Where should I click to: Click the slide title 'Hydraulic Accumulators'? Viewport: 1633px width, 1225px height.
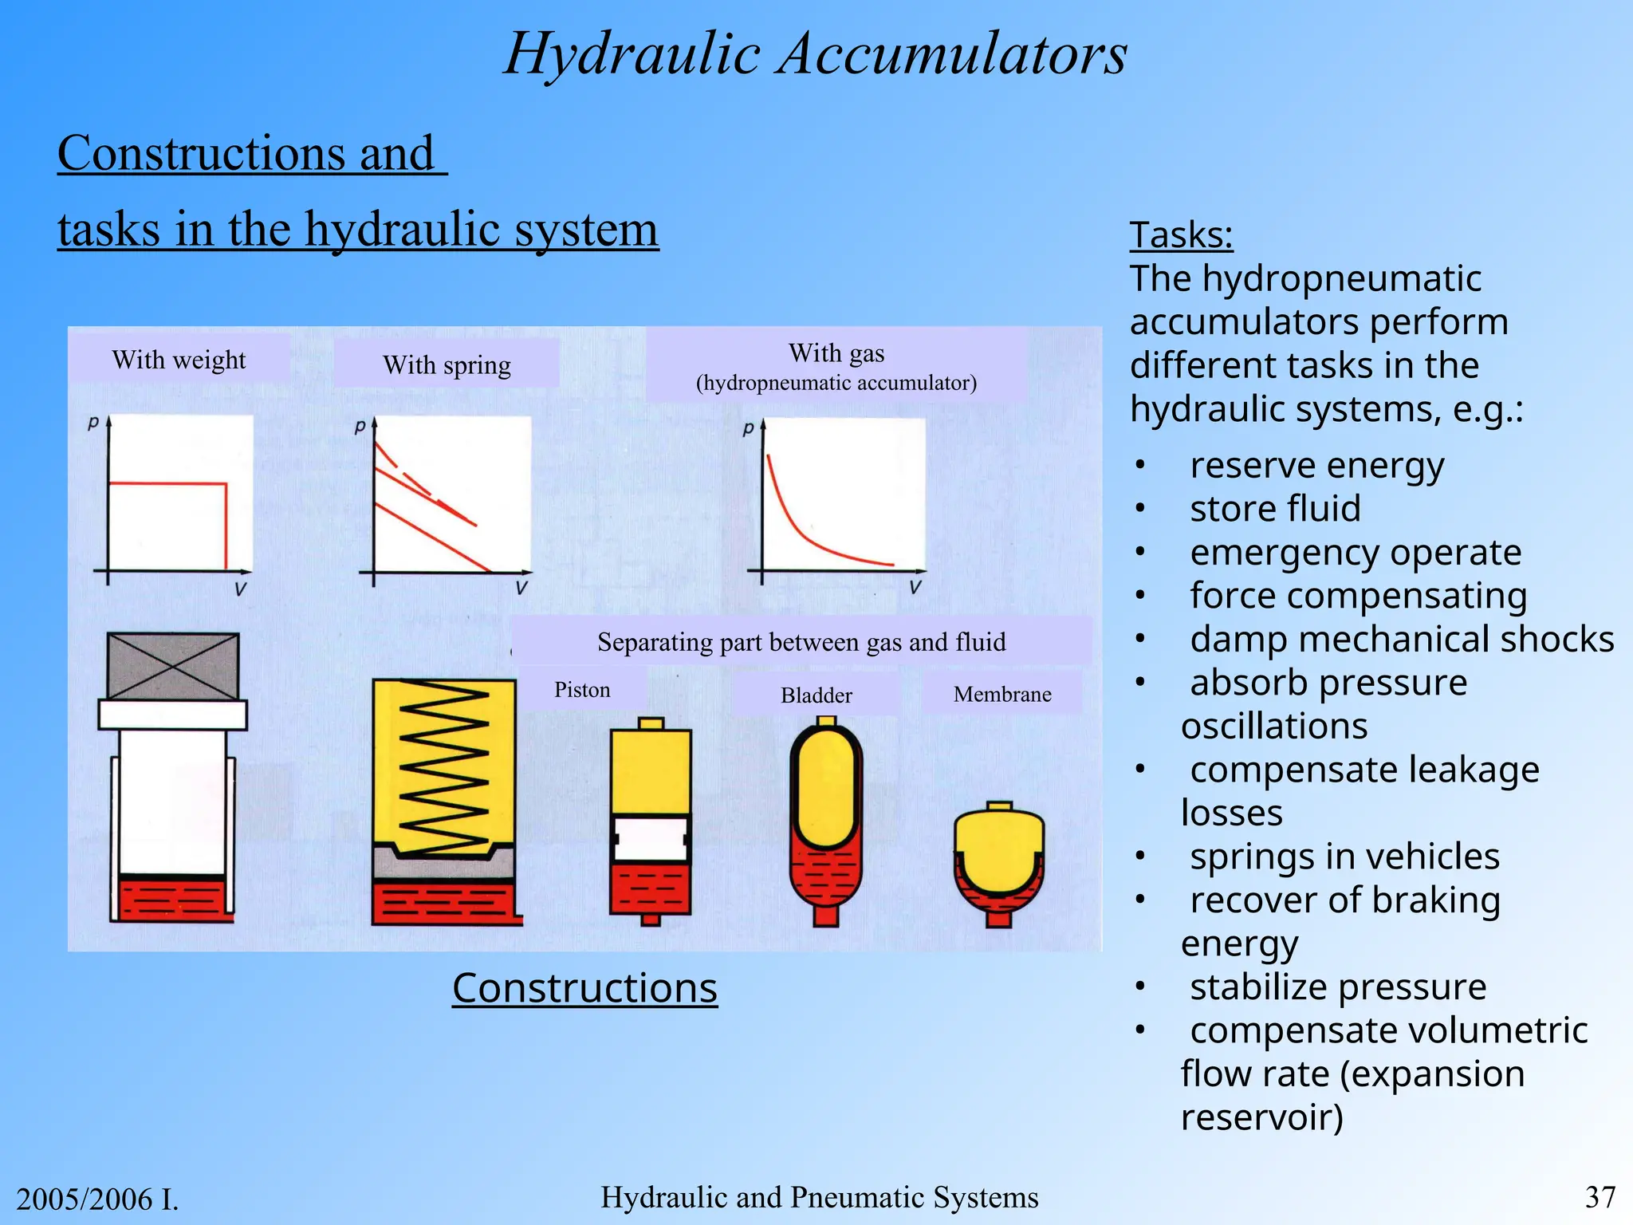tap(815, 54)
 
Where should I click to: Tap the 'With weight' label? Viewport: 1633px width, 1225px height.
tap(179, 360)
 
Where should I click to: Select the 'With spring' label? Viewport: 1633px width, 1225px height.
tap(447, 365)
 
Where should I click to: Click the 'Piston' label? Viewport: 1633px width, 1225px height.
tap(582, 690)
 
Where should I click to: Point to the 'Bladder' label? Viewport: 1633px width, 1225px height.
tap(816, 695)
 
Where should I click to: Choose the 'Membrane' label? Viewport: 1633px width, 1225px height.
tap(1002, 695)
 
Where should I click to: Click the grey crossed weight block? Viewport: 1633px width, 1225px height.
tap(172, 667)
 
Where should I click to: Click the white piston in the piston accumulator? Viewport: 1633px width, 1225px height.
tap(651, 839)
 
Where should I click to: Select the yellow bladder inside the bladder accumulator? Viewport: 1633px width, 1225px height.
tap(826, 786)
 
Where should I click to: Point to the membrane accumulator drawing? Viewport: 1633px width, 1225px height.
tap(998, 865)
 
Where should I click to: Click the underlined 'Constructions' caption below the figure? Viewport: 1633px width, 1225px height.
tap(584, 988)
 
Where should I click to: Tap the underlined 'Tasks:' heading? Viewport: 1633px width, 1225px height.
tap(1181, 235)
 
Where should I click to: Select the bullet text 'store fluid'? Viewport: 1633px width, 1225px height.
tap(1275, 509)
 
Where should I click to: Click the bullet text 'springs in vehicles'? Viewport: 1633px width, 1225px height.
tap(1344, 857)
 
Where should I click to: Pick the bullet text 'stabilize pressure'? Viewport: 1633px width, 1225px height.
tap(1338, 987)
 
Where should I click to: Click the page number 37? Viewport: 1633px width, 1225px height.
tap(1600, 1197)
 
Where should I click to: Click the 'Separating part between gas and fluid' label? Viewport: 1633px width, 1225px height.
tap(801, 642)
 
